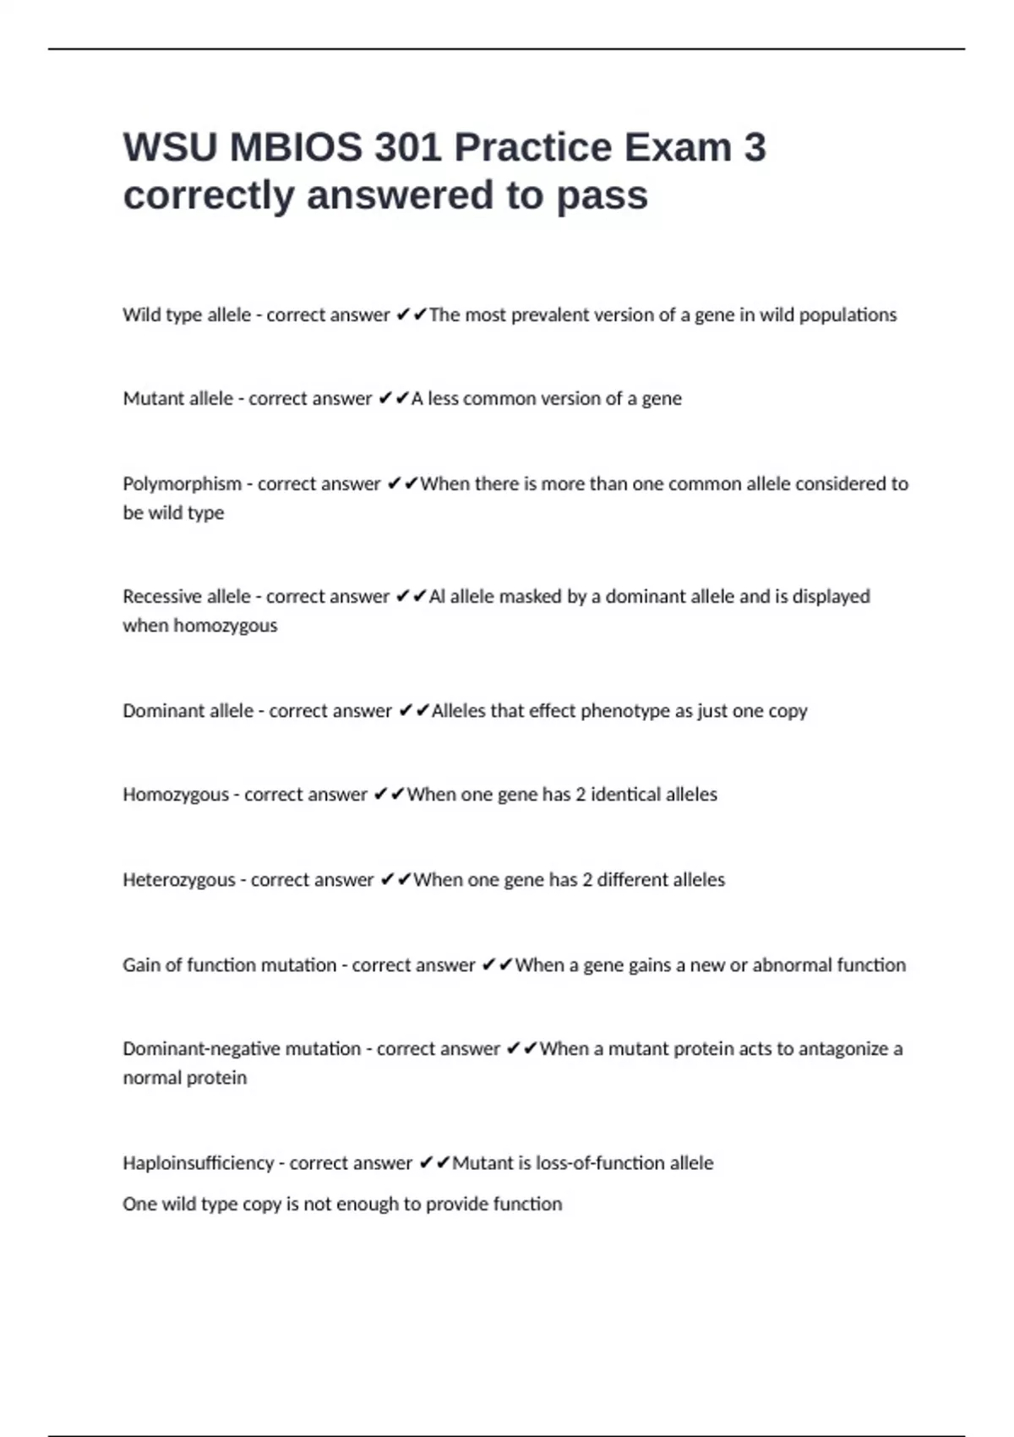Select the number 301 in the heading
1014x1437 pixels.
(x=408, y=147)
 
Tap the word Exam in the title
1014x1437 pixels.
(x=678, y=147)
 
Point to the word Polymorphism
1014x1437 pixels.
(x=182, y=484)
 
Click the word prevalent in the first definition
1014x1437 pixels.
(x=554, y=315)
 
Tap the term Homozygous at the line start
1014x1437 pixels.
(x=176, y=795)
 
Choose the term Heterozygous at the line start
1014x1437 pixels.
(x=179, y=880)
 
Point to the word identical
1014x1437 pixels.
(x=625, y=795)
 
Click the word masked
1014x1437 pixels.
(x=530, y=597)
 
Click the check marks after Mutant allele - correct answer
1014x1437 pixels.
(x=394, y=398)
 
